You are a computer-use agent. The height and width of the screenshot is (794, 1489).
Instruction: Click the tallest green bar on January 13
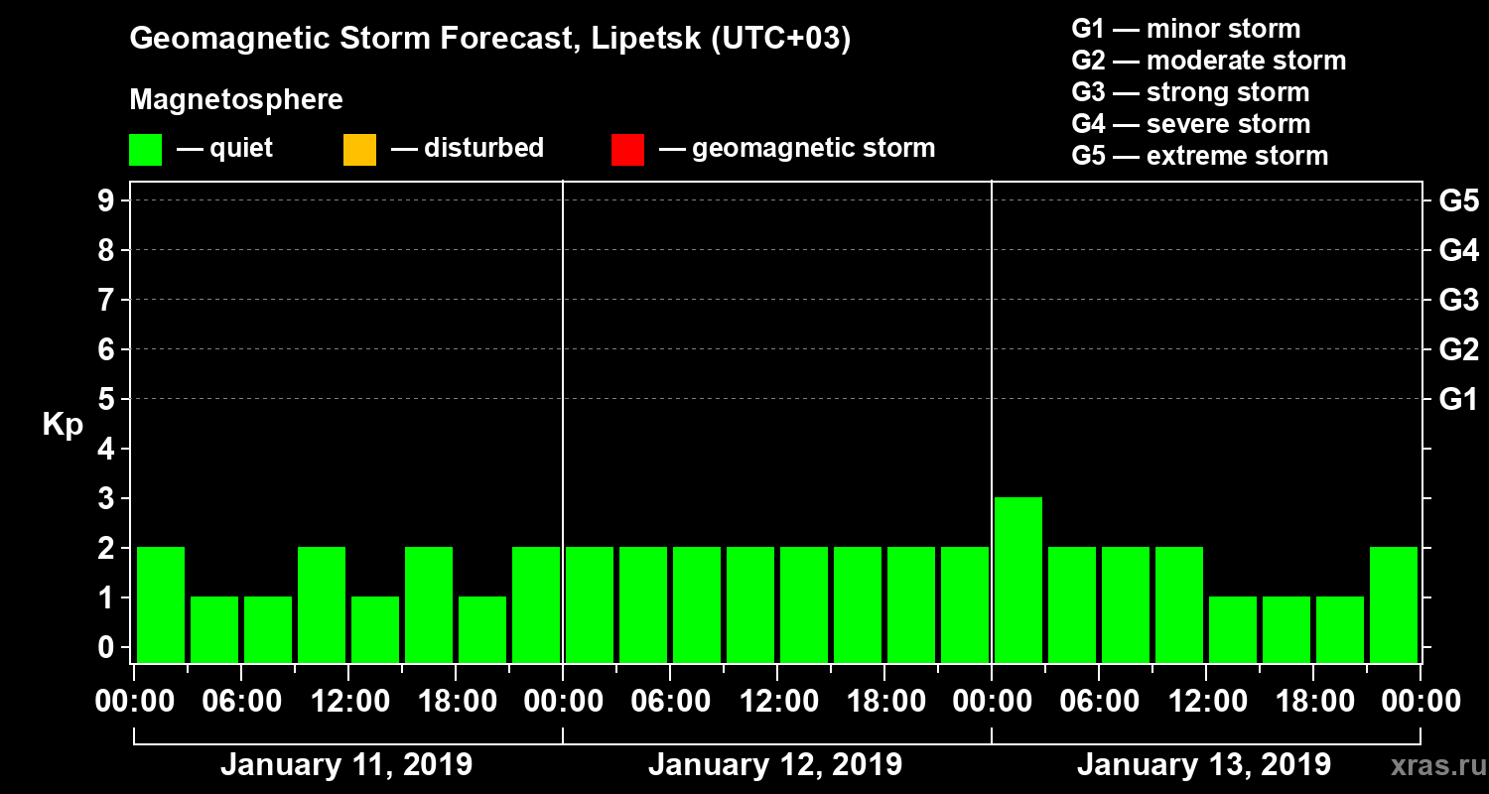pyautogui.click(x=1018, y=580)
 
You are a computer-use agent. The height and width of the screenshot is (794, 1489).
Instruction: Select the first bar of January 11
pyautogui.click(x=161, y=604)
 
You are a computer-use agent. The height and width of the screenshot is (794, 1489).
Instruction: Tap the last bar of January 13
pyautogui.click(x=1394, y=604)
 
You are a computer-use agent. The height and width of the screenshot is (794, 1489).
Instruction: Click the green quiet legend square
pyautogui.click(x=145, y=150)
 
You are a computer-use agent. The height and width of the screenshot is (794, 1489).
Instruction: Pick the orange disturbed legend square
pyautogui.click(x=359, y=150)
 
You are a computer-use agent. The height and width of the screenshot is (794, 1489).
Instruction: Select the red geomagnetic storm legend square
pyautogui.click(x=627, y=150)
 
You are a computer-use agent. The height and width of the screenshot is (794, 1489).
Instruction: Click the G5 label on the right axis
pyautogui.click(x=1458, y=201)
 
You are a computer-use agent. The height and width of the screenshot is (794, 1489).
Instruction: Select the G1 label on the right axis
pyautogui.click(x=1458, y=400)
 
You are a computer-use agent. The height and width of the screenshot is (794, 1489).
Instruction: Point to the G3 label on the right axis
pyautogui.click(x=1458, y=301)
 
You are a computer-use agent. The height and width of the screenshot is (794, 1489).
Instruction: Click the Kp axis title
pyautogui.click(x=63, y=425)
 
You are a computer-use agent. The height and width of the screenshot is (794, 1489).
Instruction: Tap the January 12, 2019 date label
pyautogui.click(x=775, y=765)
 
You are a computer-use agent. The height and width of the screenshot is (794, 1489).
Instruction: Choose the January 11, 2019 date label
pyautogui.click(x=346, y=765)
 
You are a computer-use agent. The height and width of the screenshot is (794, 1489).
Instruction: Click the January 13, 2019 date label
pyautogui.click(x=1204, y=765)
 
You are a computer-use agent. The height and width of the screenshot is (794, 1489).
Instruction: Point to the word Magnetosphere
pyautogui.click(x=236, y=100)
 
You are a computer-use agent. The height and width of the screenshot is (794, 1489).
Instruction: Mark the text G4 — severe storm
pyautogui.click(x=1191, y=124)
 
